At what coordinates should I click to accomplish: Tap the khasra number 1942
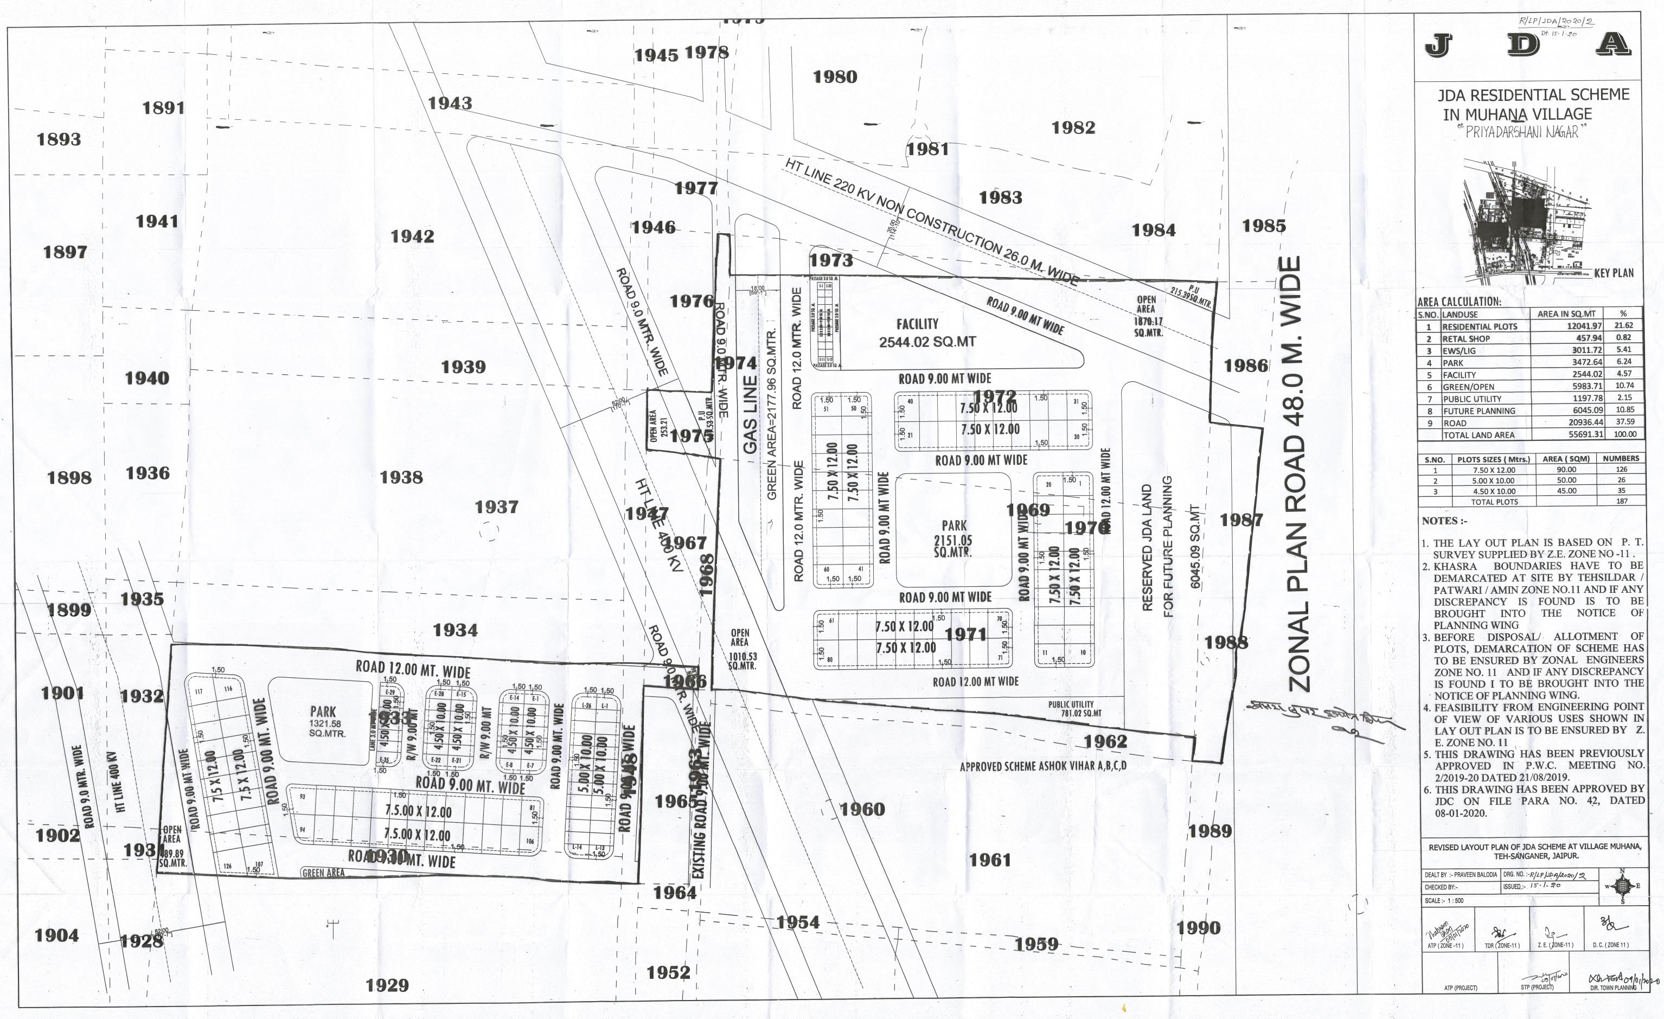pyautogui.click(x=412, y=236)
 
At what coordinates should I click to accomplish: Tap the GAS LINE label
pyautogui.click(x=750, y=414)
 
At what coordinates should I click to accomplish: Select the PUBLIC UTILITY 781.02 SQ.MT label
pyautogui.click(x=1074, y=708)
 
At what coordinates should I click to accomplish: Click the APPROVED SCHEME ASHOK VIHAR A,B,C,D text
pyautogui.click(x=1042, y=766)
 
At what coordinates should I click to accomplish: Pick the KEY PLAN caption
pyautogui.click(x=1614, y=273)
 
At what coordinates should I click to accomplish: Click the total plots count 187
pyautogui.click(x=1622, y=501)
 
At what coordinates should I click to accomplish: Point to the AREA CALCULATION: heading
pyautogui.click(x=1458, y=302)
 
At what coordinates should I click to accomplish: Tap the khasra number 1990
pyautogui.click(x=1199, y=928)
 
